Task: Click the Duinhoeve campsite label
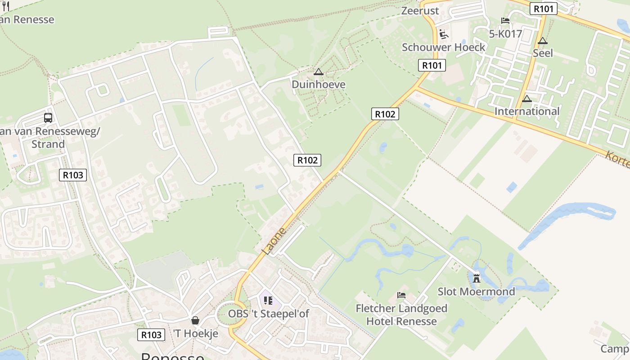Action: coord(318,84)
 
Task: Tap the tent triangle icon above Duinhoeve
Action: coord(319,72)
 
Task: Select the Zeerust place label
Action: coord(420,10)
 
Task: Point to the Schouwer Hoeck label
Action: coord(443,47)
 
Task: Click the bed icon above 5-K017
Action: coord(505,21)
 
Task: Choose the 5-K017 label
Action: coord(505,34)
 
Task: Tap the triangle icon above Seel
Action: coord(543,41)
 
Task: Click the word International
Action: coord(527,111)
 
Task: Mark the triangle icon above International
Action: coord(527,99)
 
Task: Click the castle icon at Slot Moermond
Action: coord(477,278)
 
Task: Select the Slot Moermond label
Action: coord(476,292)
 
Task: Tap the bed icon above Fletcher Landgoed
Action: coord(401,295)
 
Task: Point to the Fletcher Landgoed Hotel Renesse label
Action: coord(401,315)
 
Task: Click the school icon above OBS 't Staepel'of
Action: coord(268,300)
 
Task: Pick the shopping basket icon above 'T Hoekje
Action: coord(195,320)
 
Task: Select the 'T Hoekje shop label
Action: coord(195,333)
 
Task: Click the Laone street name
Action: coord(274,241)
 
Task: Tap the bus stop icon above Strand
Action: coord(48,118)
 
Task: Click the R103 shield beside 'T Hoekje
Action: coord(151,335)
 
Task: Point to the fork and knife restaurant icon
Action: coord(6,6)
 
